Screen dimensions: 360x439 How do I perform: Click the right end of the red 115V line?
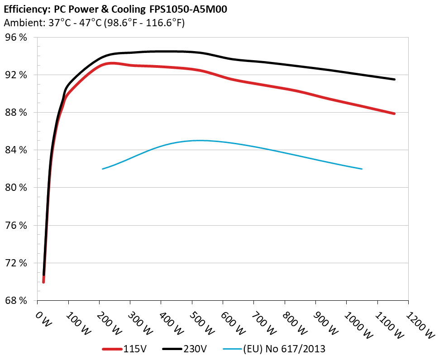[395, 114]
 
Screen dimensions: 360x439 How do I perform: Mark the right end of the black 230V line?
[395, 80]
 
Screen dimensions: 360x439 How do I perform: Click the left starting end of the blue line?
[103, 169]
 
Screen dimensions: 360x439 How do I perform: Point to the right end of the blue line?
[362, 169]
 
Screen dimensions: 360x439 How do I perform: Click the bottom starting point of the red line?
[43, 282]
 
